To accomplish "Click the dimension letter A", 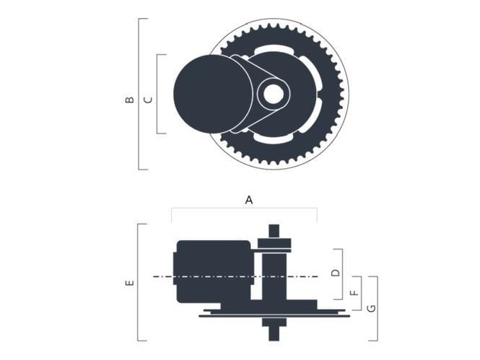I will coord(249,200).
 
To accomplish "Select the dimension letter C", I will coord(148,100).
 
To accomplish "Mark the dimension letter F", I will coord(354,293).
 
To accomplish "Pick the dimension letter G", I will coord(371,308).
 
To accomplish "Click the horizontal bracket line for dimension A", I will coord(244,209).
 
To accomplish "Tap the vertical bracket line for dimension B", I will coord(139,94).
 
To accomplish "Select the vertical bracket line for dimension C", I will coord(157,94).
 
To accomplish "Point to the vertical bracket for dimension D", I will coord(342,274).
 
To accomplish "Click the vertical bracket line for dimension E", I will coord(138,282).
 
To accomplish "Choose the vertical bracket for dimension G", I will coord(378,308).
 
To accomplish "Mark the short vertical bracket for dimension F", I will coord(360,293).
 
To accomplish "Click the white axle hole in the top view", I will coord(273,93).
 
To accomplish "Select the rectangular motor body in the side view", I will coord(213,271).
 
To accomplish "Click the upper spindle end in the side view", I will coord(274,232).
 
